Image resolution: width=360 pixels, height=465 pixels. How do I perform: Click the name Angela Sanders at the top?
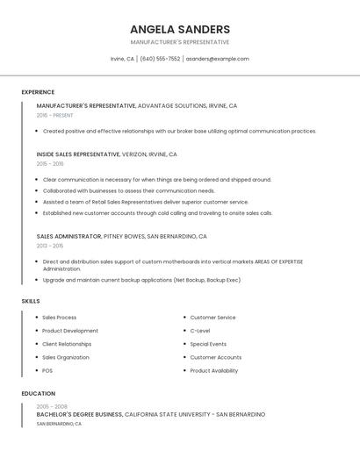tap(180, 29)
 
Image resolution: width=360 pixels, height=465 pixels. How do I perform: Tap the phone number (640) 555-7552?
tap(160, 59)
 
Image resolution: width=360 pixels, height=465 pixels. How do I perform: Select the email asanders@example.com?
tap(217, 59)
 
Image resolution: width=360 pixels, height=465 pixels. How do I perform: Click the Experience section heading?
tap(38, 92)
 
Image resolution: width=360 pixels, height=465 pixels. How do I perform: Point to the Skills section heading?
tap(31, 301)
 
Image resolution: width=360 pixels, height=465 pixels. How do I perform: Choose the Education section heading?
tap(38, 394)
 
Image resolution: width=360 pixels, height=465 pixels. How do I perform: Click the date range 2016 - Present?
tap(54, 115)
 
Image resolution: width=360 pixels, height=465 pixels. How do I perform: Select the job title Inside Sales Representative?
tap(78, 154)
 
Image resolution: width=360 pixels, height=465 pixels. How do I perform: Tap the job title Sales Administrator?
tap(69, 236)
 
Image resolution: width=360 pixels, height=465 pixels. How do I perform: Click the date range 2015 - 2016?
tap(50, 164)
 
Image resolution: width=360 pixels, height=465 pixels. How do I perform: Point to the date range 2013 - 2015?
tap(50, 246)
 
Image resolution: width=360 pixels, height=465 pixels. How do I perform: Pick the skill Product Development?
tap(70, 331)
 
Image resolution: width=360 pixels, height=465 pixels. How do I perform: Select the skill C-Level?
tap(200, 331)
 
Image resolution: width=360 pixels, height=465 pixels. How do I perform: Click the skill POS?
tap(47, 370)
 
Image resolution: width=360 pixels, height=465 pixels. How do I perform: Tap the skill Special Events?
tap(208, 344)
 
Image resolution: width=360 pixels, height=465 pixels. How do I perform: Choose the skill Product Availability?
tap(213, 370)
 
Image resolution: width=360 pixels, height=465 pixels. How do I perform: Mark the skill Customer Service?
tap(212, 318)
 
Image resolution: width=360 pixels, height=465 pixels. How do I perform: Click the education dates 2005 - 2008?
tap(52, 406)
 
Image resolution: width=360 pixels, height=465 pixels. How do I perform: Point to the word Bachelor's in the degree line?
tap(54, 414)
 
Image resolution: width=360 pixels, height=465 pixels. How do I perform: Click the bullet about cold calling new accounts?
tap(158, 212)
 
